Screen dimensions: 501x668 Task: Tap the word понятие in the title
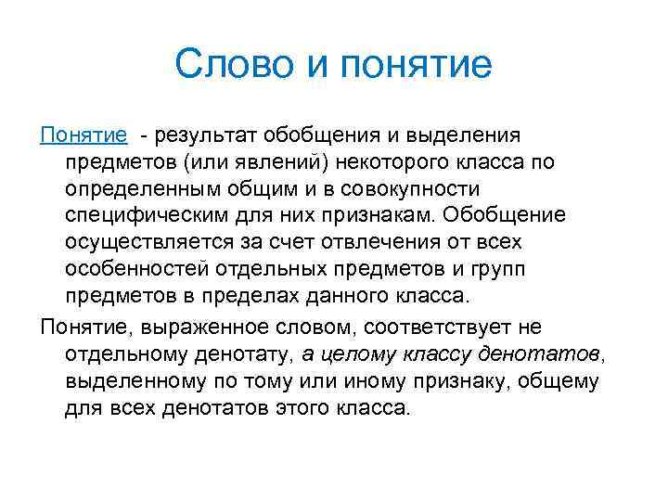[405, 66]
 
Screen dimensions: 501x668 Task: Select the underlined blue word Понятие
[83, 136]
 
